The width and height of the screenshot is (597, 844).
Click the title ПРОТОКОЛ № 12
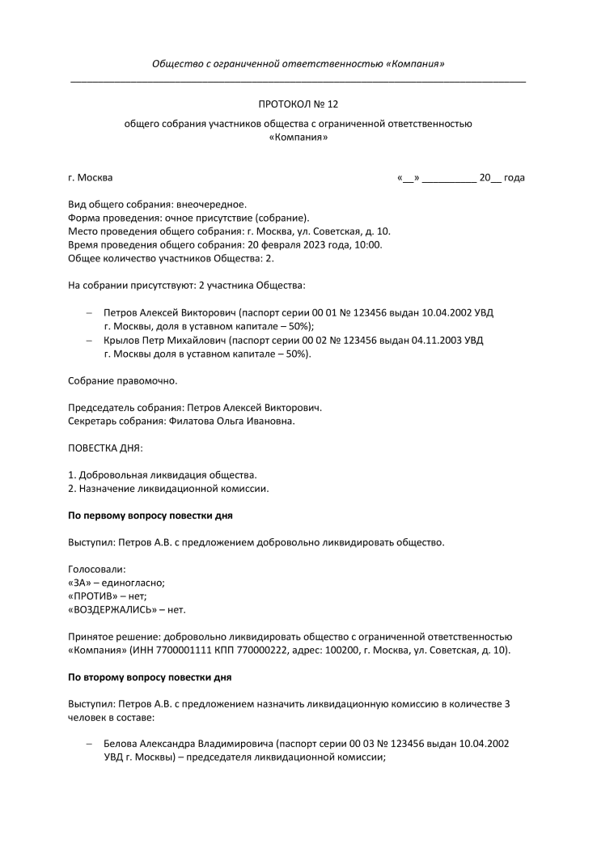pos(298,104)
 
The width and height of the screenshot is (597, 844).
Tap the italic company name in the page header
pos(298,64)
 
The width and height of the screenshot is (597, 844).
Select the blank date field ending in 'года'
pos(460,178)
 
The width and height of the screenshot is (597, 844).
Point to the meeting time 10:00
pos(369,244)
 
